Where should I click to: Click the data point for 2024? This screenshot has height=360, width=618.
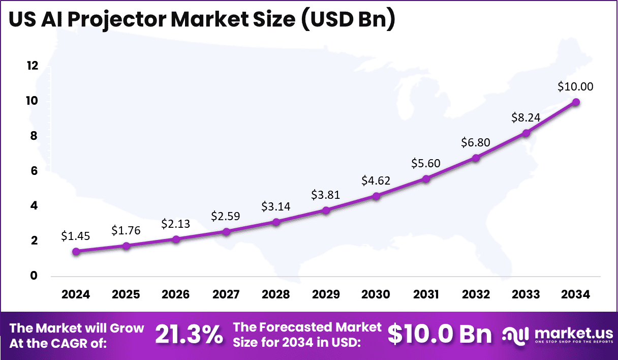[x=76, y=251]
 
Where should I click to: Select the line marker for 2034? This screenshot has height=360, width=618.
[x=576, y=102]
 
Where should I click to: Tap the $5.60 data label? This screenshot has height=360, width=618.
[x=426, y=163]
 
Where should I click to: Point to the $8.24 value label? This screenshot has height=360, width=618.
[x=526, y=118]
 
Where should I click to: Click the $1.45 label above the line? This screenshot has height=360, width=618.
[x=76, y=236]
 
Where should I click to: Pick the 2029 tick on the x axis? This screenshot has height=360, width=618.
[x=326, y=295]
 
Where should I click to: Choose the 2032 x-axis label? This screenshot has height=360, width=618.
[x=476, y=295]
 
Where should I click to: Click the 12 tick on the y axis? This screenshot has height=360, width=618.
[x=33, y=66]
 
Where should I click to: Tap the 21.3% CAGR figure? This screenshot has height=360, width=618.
[x=189, y=334]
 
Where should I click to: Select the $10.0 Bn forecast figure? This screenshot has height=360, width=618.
[x=439, y=334]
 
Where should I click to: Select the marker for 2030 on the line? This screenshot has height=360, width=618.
[x=376, y=196]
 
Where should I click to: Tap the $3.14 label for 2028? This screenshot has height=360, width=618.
[x=275, y=206]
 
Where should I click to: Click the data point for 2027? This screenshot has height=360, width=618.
[x=226, y=231]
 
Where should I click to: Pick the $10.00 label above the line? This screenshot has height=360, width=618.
[x=575, y=86]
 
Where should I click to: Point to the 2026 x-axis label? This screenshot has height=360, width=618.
[x=176, y=295]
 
